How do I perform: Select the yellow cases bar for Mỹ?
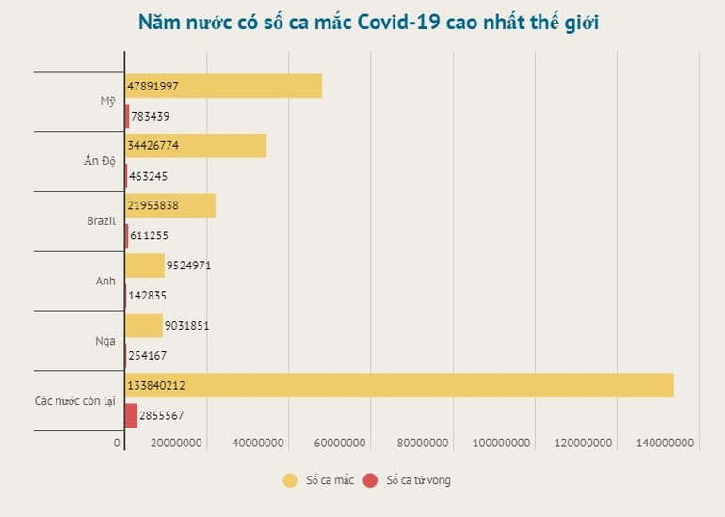(x=223, y=86)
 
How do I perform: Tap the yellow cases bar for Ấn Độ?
(x=196, y=146)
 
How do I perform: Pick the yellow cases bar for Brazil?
(x=170, y=205)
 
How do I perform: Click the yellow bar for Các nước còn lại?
(x=399, y=384)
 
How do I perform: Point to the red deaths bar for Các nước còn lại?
(x=131, y=415)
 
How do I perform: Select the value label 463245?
(x=152, y=176)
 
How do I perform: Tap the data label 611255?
(x=152, y=235)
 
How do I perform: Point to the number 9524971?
(x=188, y=266)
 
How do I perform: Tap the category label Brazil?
(x=100, y=220)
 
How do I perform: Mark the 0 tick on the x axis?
(x=119, y=443)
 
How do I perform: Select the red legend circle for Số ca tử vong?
(x=369, y=481)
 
